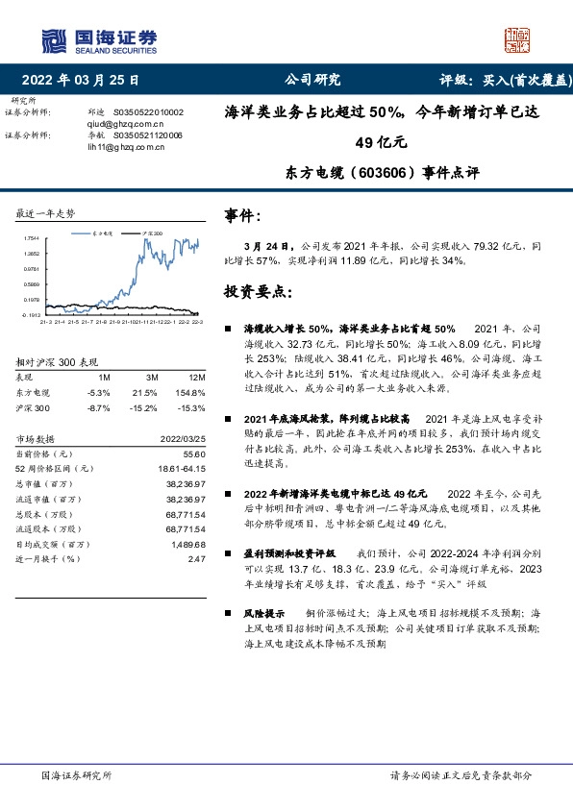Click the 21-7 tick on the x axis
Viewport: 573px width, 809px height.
(85, 323)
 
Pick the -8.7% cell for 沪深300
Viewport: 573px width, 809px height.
(99, 408)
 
